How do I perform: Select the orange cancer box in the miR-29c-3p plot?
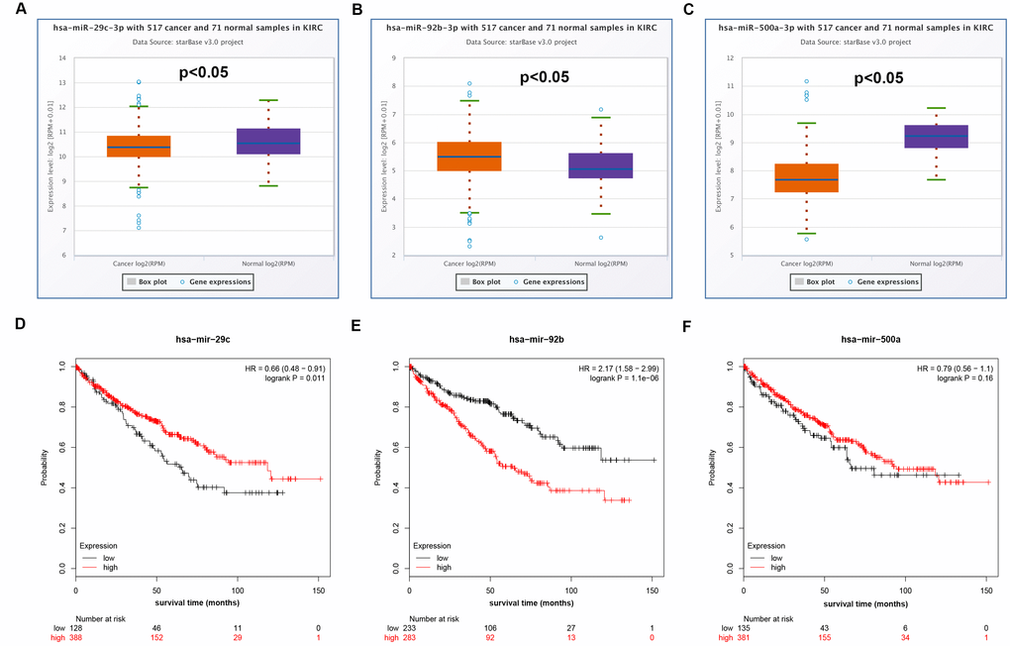click(139, 147)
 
